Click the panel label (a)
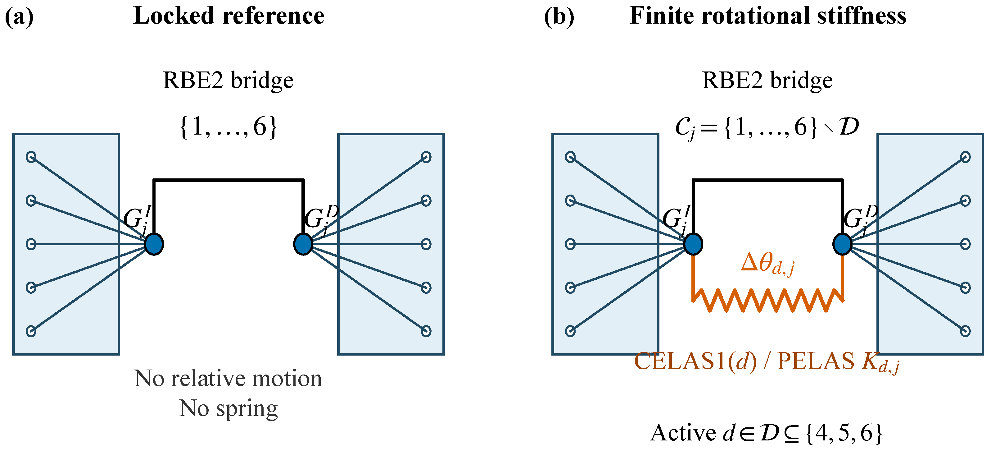19,16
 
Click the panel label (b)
559,16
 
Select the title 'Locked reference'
229,16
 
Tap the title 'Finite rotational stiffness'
768,16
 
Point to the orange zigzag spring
768,301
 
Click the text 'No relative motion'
228,378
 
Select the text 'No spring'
229,409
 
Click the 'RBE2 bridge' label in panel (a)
229,81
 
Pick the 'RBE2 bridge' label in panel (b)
767,81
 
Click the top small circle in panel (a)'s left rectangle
31,157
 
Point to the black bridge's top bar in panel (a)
229,180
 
